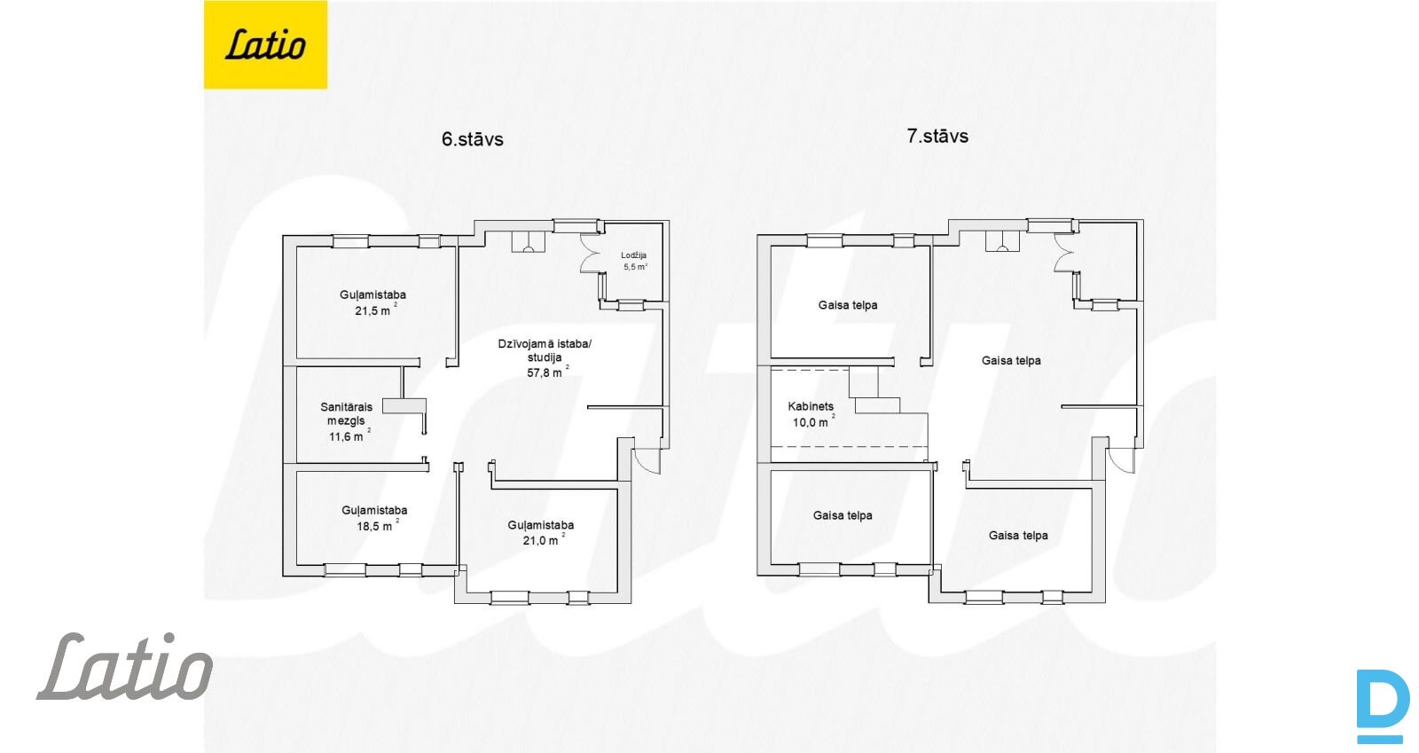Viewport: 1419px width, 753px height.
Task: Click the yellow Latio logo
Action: [x=265, y=44]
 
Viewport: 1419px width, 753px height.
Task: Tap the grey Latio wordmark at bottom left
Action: [x=125, y=665]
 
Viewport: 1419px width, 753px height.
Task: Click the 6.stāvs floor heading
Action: [x=472, y=139]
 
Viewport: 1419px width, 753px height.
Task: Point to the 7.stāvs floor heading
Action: [x=937, y=137]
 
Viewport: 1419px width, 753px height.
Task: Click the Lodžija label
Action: [x=633, y=255]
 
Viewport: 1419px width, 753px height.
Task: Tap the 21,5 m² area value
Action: [x=376, y=310]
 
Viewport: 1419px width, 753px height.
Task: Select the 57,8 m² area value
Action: [x=548, y=373]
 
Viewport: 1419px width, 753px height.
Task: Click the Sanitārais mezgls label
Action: [x=346, y=413]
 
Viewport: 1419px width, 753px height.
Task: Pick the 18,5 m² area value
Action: [x=378, y=526]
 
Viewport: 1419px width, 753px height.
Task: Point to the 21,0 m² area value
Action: [x=544, y=539]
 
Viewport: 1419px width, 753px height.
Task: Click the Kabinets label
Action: [x=811, y=406]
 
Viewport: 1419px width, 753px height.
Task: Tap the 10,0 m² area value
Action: [x=813, y=422]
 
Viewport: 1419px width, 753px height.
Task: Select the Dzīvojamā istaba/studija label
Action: [x=545, y=350]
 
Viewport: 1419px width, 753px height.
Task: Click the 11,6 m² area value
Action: [x=349, y=436]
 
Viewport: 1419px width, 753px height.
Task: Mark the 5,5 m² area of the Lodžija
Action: [x=635, y=267]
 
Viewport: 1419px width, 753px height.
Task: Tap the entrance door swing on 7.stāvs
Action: [x=1122, y=460]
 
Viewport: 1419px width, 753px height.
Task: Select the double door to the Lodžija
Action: [x=591, y=254]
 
